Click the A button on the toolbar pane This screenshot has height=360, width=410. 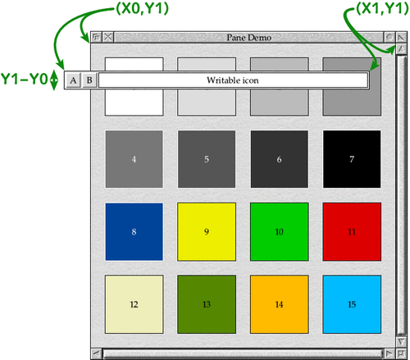point(73,80)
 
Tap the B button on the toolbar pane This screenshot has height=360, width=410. point(89,80)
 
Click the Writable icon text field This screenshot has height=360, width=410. point(233,80)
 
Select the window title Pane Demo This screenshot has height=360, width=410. point(249,38)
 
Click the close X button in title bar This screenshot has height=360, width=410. point(108,37)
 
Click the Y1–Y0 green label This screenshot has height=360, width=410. point(25,80)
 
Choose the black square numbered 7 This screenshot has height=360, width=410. point(352,159)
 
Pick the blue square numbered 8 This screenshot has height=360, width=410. point(134,232)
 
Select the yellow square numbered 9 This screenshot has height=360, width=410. point(207,232)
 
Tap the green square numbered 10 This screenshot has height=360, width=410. point(280,232)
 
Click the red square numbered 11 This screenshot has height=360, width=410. point(352,232)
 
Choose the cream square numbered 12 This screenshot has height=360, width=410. point(134,304)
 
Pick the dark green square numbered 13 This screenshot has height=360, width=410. point(207,304)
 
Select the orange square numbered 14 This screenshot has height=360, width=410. point(280,304)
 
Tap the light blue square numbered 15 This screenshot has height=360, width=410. point(352,304)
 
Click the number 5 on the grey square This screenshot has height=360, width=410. point(207,159)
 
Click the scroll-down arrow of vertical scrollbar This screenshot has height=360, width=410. point(401,342)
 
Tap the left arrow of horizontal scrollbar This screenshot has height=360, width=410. point(96,353)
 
